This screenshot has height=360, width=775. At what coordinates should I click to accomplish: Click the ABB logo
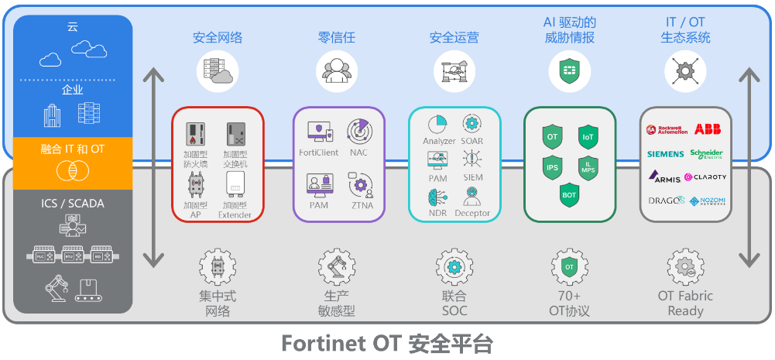[x=707, y=129]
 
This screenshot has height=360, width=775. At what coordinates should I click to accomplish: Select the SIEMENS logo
[x=665, y=154]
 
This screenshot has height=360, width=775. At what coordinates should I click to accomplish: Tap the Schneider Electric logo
[x=706, y=153]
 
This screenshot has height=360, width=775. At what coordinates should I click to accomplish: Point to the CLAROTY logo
[x=706, y=177]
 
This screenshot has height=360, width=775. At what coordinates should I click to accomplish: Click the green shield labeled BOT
[x=569, y=195]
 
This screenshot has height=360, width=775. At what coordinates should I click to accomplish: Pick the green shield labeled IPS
[x=552, y=166]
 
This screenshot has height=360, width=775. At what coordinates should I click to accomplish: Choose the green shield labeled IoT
[x=588, y=137]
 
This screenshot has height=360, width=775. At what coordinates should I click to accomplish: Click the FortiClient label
[x=319, y=153]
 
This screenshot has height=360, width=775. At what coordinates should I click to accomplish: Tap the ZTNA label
[x=361, y=205]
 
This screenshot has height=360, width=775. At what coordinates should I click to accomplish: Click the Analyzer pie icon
[x=437, y=124]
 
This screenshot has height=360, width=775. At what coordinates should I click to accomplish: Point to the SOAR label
[x=472, y=142]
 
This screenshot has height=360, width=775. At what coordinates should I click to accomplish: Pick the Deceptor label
[x=472, y=213]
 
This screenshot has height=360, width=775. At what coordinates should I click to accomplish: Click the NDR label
[x=437, y=213]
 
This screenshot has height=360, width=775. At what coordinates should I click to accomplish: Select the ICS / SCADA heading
[x=73, y=204]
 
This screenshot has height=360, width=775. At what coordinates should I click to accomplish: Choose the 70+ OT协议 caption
[x=569, y=303]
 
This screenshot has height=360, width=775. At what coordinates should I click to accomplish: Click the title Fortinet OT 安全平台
[x=386, y=342]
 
